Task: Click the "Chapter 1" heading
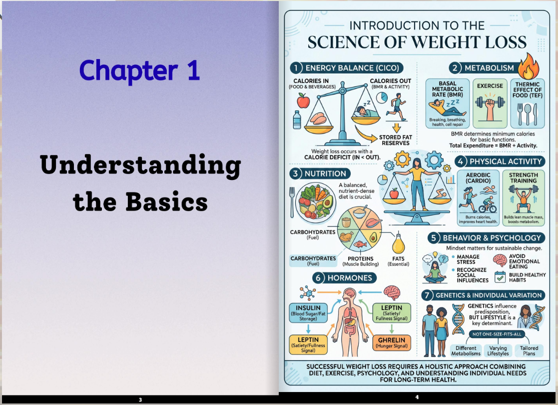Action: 139,70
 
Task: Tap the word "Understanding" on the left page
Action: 140,165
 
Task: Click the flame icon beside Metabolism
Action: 529,66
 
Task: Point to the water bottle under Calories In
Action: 297,119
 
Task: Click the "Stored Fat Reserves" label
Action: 395,140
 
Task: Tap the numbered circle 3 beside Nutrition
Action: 295,174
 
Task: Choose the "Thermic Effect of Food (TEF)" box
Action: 528,103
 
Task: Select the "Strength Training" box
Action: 524,197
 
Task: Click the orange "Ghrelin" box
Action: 392,342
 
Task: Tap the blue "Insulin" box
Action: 308,312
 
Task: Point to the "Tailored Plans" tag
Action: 529,350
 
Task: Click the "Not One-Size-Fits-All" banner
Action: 497,334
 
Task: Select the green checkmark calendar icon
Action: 500,277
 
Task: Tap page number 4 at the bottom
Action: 417,397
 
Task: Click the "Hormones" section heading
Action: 344,278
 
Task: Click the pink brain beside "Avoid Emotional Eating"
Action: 500,260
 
